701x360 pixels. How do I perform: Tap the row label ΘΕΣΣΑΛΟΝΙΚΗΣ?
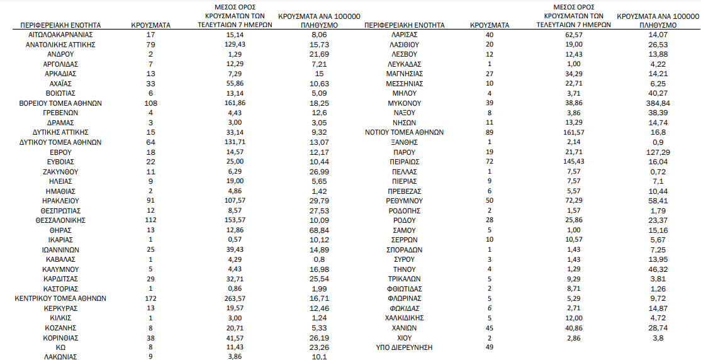[x=60, y=220]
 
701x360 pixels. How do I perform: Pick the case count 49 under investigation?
[x=490, y=347]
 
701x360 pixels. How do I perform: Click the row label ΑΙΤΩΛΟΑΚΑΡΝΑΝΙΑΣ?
[x=60, y=35]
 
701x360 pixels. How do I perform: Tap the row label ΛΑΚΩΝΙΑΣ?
[x=60, y=357]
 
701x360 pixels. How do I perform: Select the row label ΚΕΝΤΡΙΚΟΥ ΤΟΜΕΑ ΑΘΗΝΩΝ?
[x=60, y=298]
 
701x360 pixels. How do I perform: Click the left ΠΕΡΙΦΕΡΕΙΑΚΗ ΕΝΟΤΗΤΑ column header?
[x=60, y=25]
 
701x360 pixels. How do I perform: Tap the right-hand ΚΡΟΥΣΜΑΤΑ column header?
[x=490, y=25]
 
